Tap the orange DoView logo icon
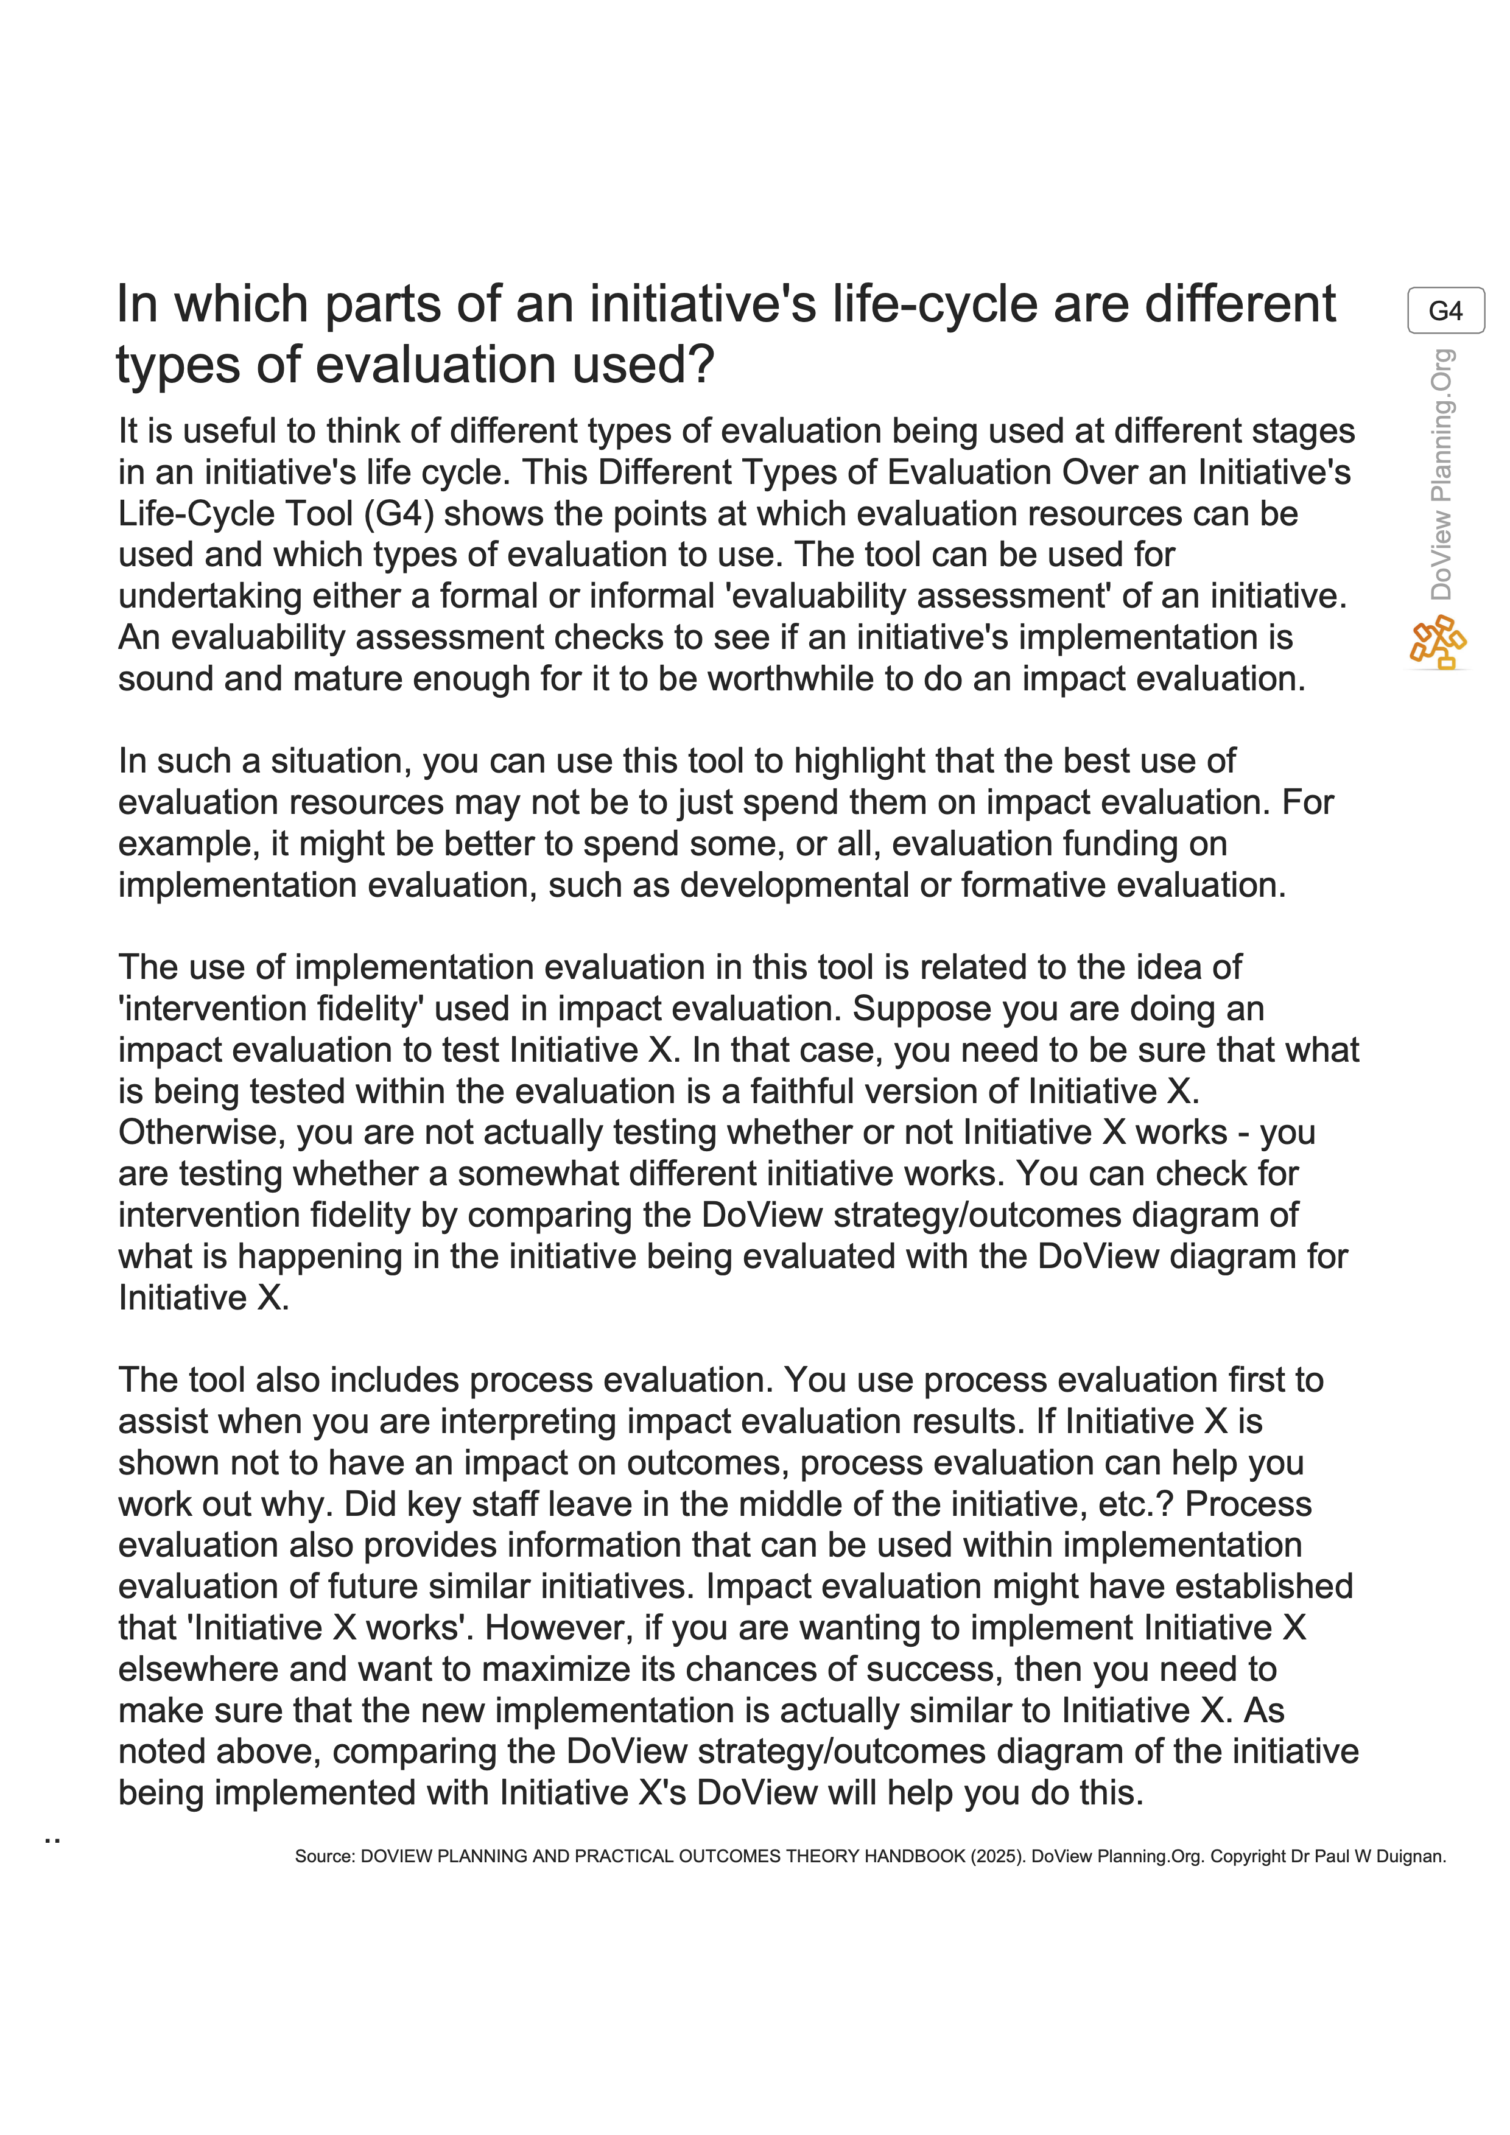click(1438, 642)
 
